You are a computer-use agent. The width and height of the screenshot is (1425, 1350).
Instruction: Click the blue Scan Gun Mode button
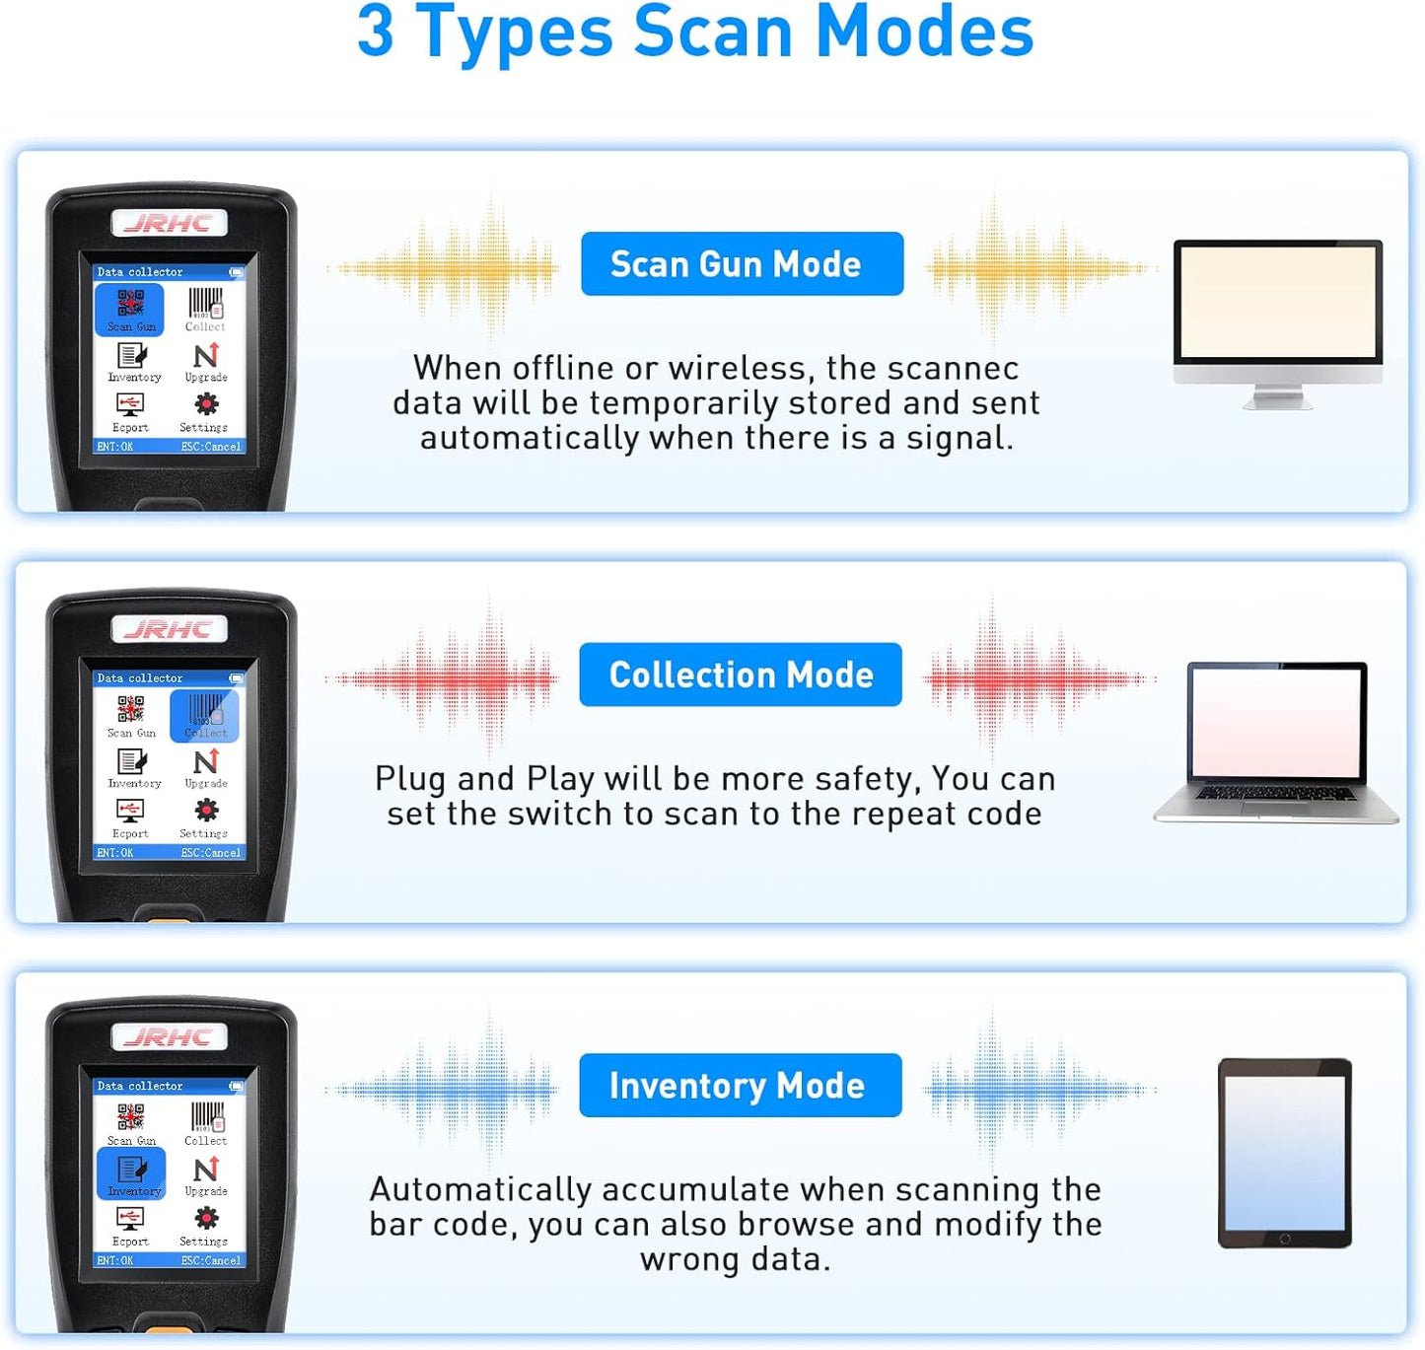[x=742, y=264]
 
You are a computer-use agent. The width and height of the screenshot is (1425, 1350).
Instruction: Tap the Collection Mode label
[x=741, y=675]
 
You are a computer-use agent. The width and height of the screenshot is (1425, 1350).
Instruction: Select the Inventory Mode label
[x=740, y=1086]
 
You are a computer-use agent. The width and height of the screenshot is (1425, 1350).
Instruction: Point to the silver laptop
[x=1276, y=742]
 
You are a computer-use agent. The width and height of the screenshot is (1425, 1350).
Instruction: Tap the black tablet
[x=1284, y=1153]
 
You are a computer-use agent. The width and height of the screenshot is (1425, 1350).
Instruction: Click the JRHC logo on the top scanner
[x=170, y=224]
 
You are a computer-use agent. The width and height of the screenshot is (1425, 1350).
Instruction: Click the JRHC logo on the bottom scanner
[x=170, y=1037]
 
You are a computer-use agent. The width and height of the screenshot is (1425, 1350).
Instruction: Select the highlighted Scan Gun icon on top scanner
[x=129, y=309]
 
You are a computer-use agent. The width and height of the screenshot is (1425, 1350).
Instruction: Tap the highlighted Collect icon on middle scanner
[x=205, y=715]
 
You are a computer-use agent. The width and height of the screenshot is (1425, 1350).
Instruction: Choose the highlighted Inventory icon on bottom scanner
[x=132, y=1173]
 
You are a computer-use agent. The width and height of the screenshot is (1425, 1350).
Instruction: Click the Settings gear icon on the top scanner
[x=205, y=406]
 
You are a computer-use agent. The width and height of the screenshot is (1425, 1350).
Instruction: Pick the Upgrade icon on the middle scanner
[x=206, y=764]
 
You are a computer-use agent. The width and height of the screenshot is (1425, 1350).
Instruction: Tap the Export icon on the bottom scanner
[x=130, y=1224]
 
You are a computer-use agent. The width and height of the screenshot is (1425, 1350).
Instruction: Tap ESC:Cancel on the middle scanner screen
[x=211, y=853]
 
